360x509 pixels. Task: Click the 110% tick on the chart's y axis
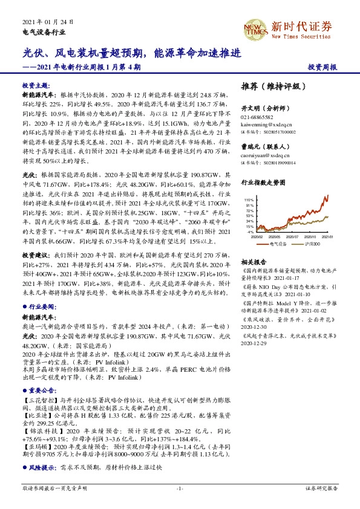pos(249,199)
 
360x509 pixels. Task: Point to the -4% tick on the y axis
pos(250,232)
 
